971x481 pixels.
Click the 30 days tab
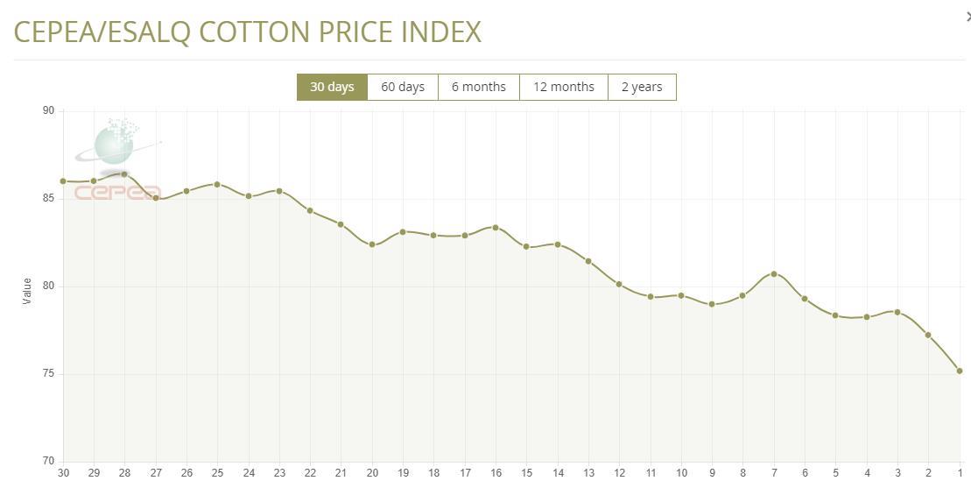point(332,87)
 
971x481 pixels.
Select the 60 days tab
point(403,87)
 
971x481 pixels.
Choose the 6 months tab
point(479,87)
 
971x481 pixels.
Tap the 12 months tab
point(564,87)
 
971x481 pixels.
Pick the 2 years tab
point(642,87)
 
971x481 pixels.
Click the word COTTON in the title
point(253,32)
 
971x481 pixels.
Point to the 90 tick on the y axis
point(48,110)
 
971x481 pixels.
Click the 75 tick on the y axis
point(48,374)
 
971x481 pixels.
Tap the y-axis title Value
point(27,291)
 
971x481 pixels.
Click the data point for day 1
point(960,371)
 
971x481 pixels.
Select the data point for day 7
point(774,274)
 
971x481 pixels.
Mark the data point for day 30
point(63,181)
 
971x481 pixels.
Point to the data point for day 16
point(496,228)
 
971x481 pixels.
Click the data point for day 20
point(372,244)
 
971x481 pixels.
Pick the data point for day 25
point(217,185)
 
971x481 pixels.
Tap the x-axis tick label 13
point(588,473)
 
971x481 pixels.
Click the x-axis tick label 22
point(310,473)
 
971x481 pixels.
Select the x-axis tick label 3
point(897,473)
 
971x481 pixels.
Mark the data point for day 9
point(712,304)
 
